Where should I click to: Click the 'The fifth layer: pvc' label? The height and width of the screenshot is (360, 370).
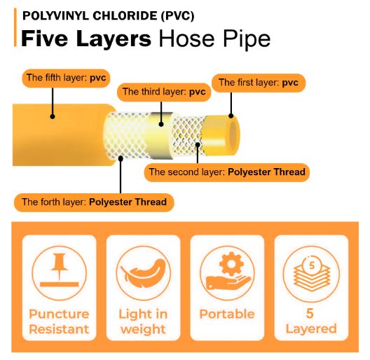(x=66, y=78)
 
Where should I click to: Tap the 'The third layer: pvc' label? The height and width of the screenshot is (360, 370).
(x=164, y=92)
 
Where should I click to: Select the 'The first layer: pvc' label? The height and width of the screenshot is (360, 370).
(x=259, y=83)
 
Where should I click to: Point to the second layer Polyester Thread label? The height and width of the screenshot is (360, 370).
(x=227, y=172)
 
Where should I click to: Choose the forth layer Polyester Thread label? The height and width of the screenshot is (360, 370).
(x=94, y=202)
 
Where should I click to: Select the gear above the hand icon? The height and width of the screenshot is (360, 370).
(x=231, y=264)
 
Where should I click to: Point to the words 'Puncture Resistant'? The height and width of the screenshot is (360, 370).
(x=59, y=321)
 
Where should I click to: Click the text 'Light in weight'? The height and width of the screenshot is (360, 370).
(x=143, y=321)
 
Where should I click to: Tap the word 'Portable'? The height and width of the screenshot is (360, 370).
(x=227, y=314)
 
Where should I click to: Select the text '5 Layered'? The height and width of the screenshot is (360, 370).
(x=311, y=321)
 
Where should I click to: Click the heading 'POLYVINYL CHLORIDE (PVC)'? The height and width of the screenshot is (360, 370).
(x=109, y=16)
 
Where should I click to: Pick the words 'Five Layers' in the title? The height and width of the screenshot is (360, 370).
(x=86, y=39)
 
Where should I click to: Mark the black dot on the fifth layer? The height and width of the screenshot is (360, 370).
(x=53, y=116)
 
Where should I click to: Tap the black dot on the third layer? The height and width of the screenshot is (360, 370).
(x=161, y=125)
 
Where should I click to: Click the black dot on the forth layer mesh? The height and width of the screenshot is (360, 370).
(x=121, y=158)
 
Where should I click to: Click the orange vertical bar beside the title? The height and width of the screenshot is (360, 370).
(x=15, y=27)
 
